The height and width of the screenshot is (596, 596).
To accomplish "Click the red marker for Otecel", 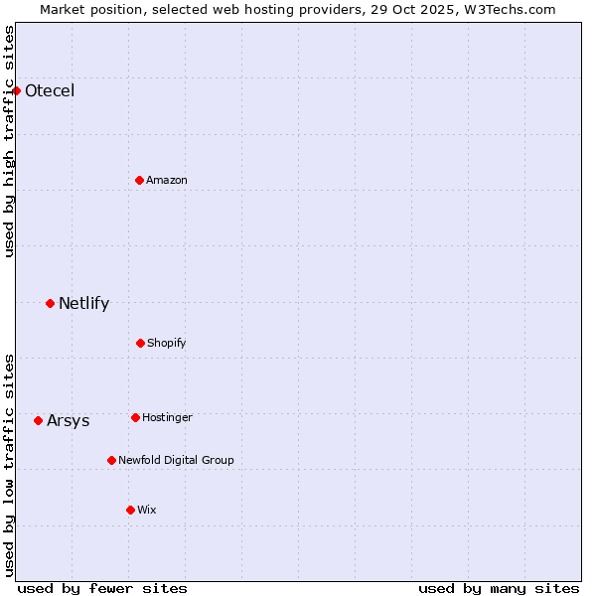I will pyautogui.click(x=16, y=90).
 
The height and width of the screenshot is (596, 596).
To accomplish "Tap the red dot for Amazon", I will pyautogui.click(x=139, y=180).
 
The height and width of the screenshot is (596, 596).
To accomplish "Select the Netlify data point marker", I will pyautogui.click(x=50, y=303).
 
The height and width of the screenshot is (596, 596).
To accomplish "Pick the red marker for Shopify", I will pyautogui.click(x=140, y=343).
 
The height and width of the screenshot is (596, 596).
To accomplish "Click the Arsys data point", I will pyautogui.click(x=38, y=420).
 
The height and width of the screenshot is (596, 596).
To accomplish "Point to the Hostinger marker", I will pyautogui.click(x=135, y=417).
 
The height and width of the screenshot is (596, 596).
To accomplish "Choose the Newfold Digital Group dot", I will pyautogui.click(x=111, y=460).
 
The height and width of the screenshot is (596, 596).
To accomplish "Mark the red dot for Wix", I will pyautogui.click(x=130, y=510).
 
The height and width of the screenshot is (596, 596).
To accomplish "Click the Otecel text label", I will pyautogui.click(x=50, y=91).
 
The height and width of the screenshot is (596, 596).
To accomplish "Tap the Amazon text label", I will pyautogui.click(x=167, y=181).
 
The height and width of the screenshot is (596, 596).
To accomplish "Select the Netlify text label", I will pyautogui.click(x=83, y=304).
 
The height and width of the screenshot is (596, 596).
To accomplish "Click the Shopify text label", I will pyautogui.click(x=167, y=344).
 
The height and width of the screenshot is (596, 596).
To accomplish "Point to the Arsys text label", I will pyautogui.click(x=68, y=421).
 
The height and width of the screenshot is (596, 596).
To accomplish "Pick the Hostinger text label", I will pyautogui.click(x=167, y=418).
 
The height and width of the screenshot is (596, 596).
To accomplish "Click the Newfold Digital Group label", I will pyautogui.click(x=176, y=461).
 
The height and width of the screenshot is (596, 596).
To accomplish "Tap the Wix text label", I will pyautogui.click(x=147, y=511).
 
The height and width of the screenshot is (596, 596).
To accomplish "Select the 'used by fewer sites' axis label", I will pyautogui.click(x=102, y=588).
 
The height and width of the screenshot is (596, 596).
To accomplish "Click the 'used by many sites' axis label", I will pyautogui.click(x=499, y=588).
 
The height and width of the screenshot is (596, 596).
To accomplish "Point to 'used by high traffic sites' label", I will pyautogui.click(x=9, y=141).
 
